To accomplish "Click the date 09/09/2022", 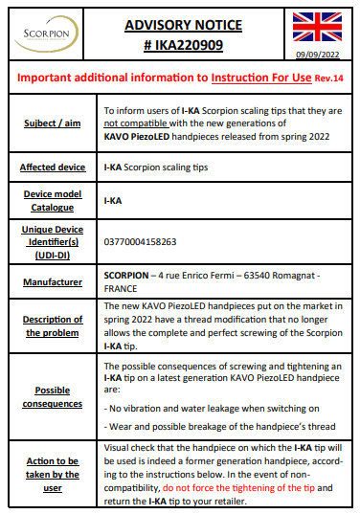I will tap(319, 55).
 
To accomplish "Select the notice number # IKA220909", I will tap(181, 44).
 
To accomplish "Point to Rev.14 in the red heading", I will tap(325, 78).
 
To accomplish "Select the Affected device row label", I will tap(52, 168).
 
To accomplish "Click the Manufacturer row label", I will tap(52, 279).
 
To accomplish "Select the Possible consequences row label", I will tap(52, 397).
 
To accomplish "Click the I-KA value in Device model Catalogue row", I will tap(113, 202).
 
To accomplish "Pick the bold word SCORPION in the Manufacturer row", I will tap(127, 273).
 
